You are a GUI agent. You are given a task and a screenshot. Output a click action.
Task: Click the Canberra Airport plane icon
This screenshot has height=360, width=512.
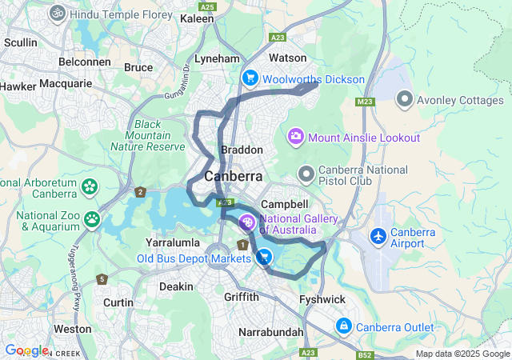point(378,237)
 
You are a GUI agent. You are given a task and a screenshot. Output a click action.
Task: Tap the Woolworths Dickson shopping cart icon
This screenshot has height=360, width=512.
point(250,78)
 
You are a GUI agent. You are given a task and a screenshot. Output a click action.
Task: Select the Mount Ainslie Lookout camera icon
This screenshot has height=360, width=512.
point(296,137)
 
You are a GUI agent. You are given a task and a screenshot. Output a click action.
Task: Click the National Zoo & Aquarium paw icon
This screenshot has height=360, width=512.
point(94,218)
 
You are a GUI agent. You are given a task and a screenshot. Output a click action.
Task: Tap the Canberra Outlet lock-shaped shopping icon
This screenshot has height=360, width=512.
point(343,326)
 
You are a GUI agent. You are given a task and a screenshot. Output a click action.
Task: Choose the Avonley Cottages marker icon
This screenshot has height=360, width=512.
point(405,99)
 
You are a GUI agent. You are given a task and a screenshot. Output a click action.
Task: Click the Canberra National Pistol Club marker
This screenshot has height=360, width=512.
point(306,174)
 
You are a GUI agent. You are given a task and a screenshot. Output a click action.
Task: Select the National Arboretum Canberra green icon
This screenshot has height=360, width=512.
point(89,187)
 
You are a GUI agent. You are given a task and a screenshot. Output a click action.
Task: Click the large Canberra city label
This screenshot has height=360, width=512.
point(234,176)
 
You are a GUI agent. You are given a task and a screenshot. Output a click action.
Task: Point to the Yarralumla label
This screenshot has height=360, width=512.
point(170,242)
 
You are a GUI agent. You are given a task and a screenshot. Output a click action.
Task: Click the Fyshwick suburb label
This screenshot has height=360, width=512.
point(322,298)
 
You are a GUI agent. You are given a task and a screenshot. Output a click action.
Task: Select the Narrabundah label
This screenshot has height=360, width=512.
point(271,331)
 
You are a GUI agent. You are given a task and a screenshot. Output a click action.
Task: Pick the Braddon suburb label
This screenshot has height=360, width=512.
point(242,150)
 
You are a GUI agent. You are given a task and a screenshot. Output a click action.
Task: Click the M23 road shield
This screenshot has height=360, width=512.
point(366,102)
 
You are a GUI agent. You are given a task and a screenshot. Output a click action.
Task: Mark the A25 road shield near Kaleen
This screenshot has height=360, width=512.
point(208,7)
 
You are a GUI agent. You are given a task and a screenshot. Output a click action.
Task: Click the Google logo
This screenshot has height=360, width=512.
point(26,350)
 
